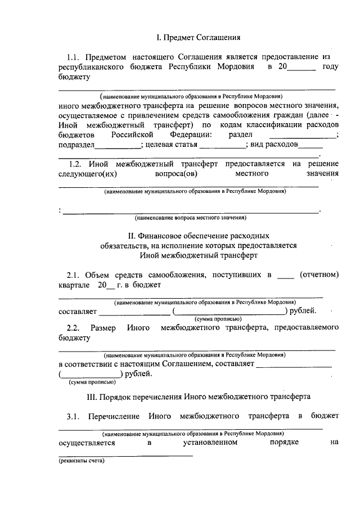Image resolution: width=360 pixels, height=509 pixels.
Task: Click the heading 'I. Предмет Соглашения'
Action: (198, 38)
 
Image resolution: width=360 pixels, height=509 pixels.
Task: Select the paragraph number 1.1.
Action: (75, 57)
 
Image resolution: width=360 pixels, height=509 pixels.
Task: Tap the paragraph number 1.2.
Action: (75, 164)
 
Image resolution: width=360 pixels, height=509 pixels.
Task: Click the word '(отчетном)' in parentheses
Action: (319, 275)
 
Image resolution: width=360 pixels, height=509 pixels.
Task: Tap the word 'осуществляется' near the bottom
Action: (87, 443)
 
